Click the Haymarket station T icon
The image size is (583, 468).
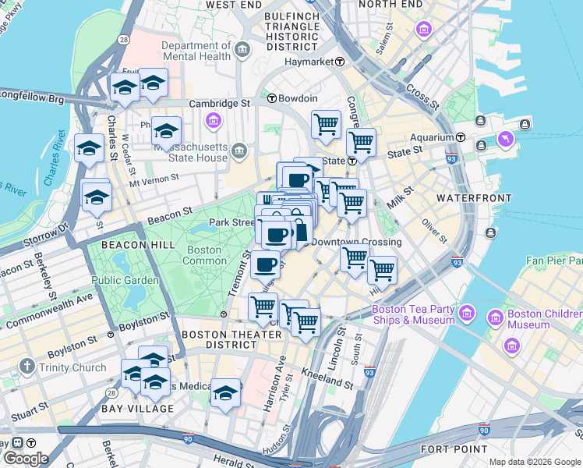click(x=340, y=62)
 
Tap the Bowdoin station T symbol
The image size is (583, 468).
click(x=272, y=99)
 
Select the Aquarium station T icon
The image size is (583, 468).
click(x=461, y=137)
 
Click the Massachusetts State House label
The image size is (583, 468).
click(x=190, y=151)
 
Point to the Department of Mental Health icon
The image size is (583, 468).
click(x=242, y=51)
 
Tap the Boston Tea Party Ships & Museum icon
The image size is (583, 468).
click(x=467, y=314)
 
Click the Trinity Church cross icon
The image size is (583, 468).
click(x=26, y=367)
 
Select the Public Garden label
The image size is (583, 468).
click(x=125, y=280)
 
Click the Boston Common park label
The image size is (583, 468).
click(x=204, y=256)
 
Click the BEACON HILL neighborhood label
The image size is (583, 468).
click(x=131, y=245)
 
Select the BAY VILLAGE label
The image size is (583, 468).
click(x=137, y=409)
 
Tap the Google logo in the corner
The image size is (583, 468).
click(x=26, y=459)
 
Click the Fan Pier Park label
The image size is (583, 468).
click(x=553, y=260)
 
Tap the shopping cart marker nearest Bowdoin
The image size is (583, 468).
click(x=326, y=124)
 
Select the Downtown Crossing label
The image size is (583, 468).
click(x=357, y=242)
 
